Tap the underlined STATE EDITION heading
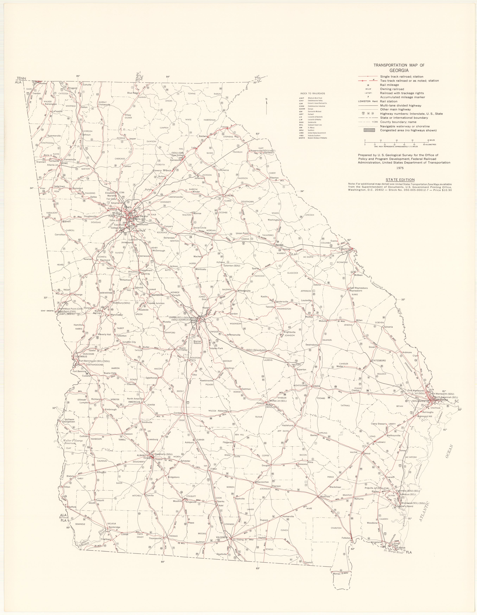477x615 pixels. pyautogui.click(x=400, y=180)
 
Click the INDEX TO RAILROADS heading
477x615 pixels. pyautogui.click(x=312, y=93)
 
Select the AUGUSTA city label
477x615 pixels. pyautogui.click(x=344, y=249)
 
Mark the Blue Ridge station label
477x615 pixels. pyautogui.click(x=133, y=93)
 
